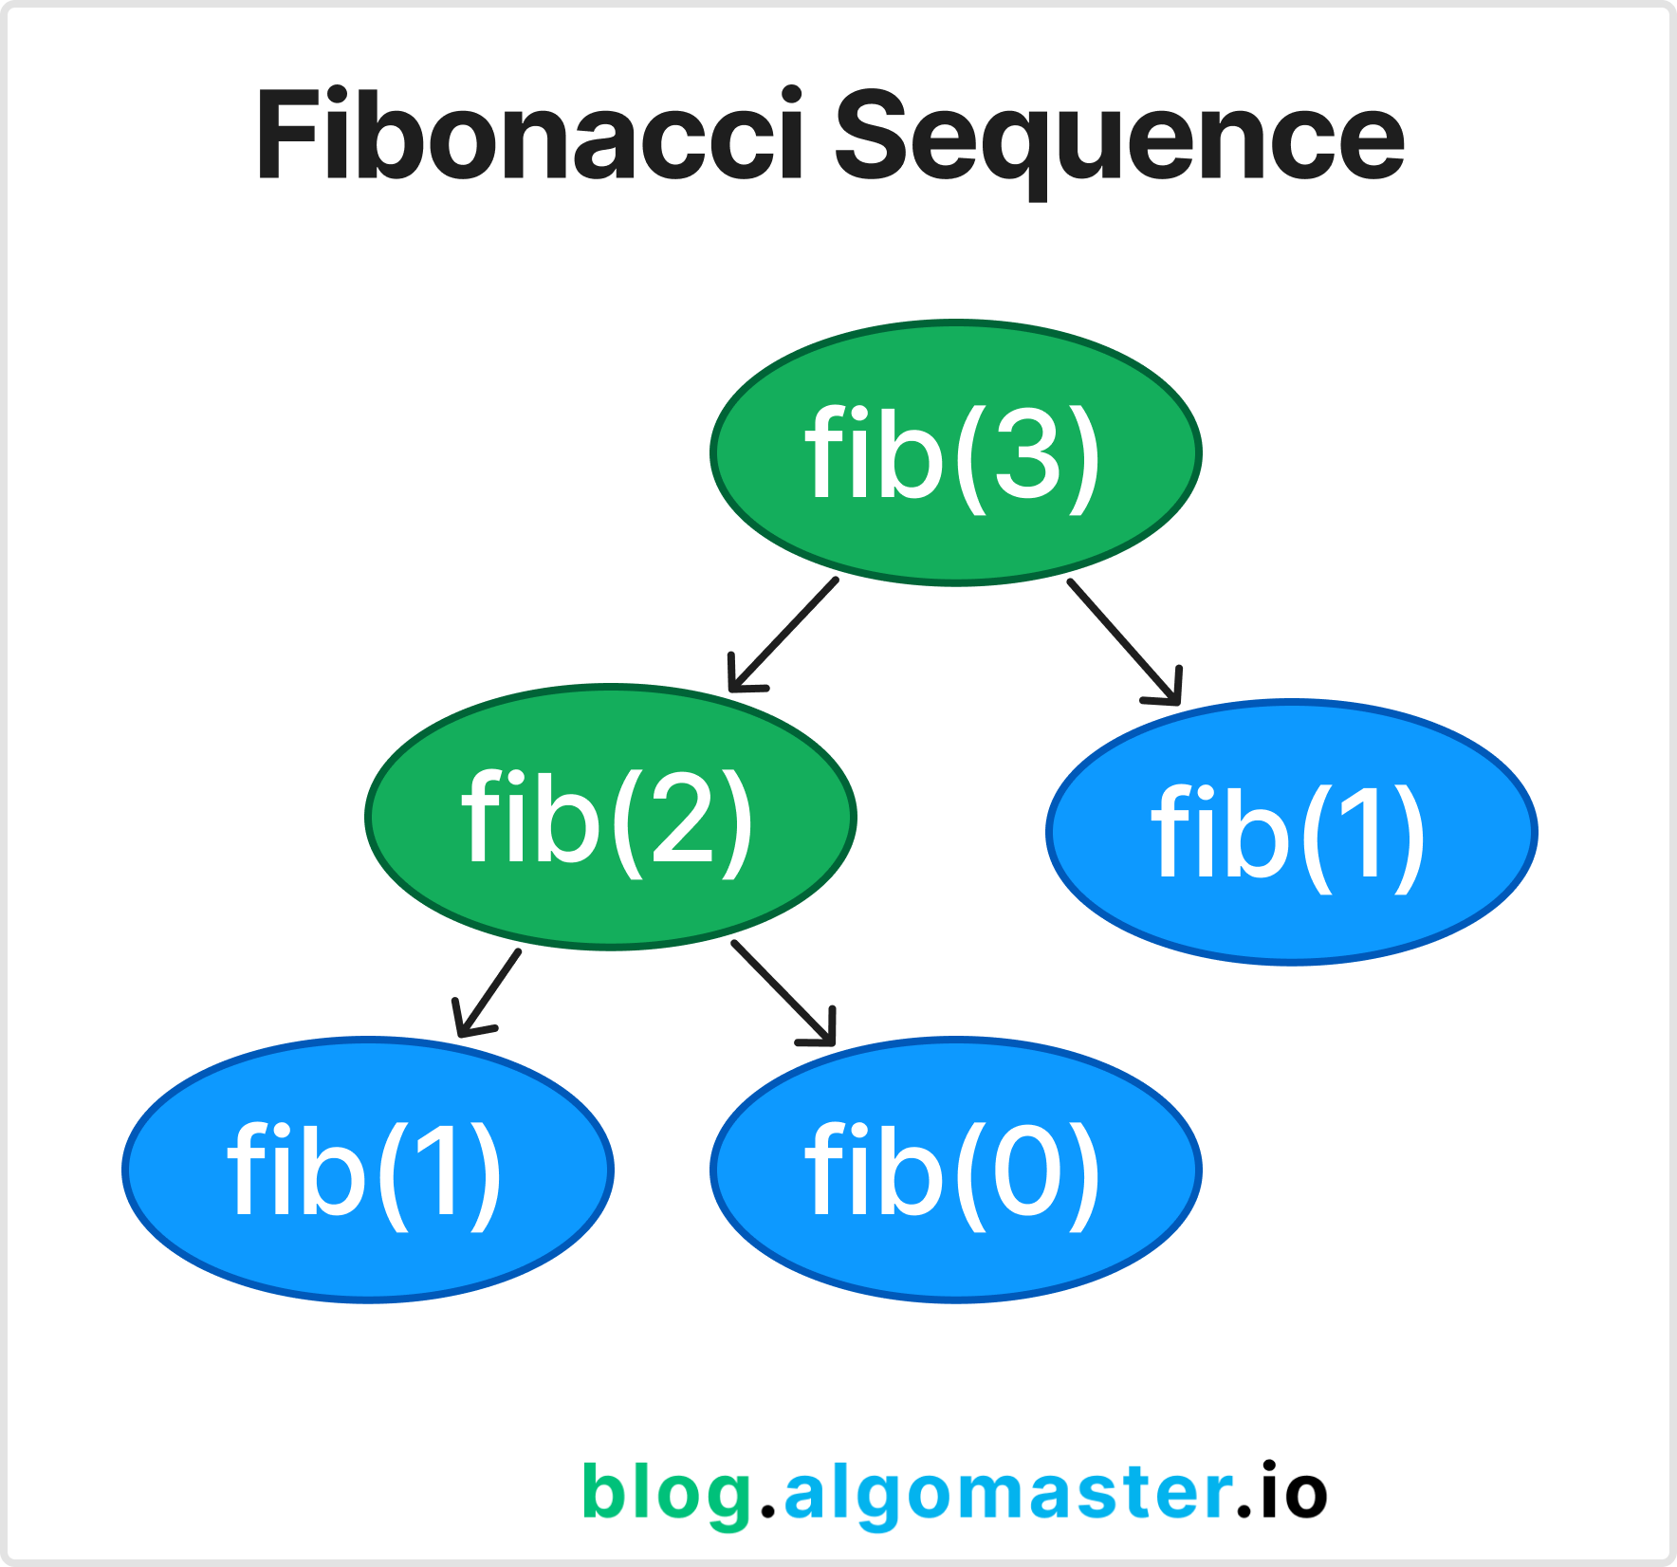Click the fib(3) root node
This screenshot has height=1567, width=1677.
tap(956, 452)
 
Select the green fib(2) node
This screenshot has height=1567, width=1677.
tap(611, 817)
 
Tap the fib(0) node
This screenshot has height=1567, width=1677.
tap(956, 1170)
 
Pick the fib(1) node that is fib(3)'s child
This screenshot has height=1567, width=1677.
tap(1292, 832)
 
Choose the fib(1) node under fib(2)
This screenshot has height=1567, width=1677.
tap(368, 1170)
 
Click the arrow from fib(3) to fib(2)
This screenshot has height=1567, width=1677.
tap(783, 635)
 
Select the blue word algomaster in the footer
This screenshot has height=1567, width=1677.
tap(1008, 1493)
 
